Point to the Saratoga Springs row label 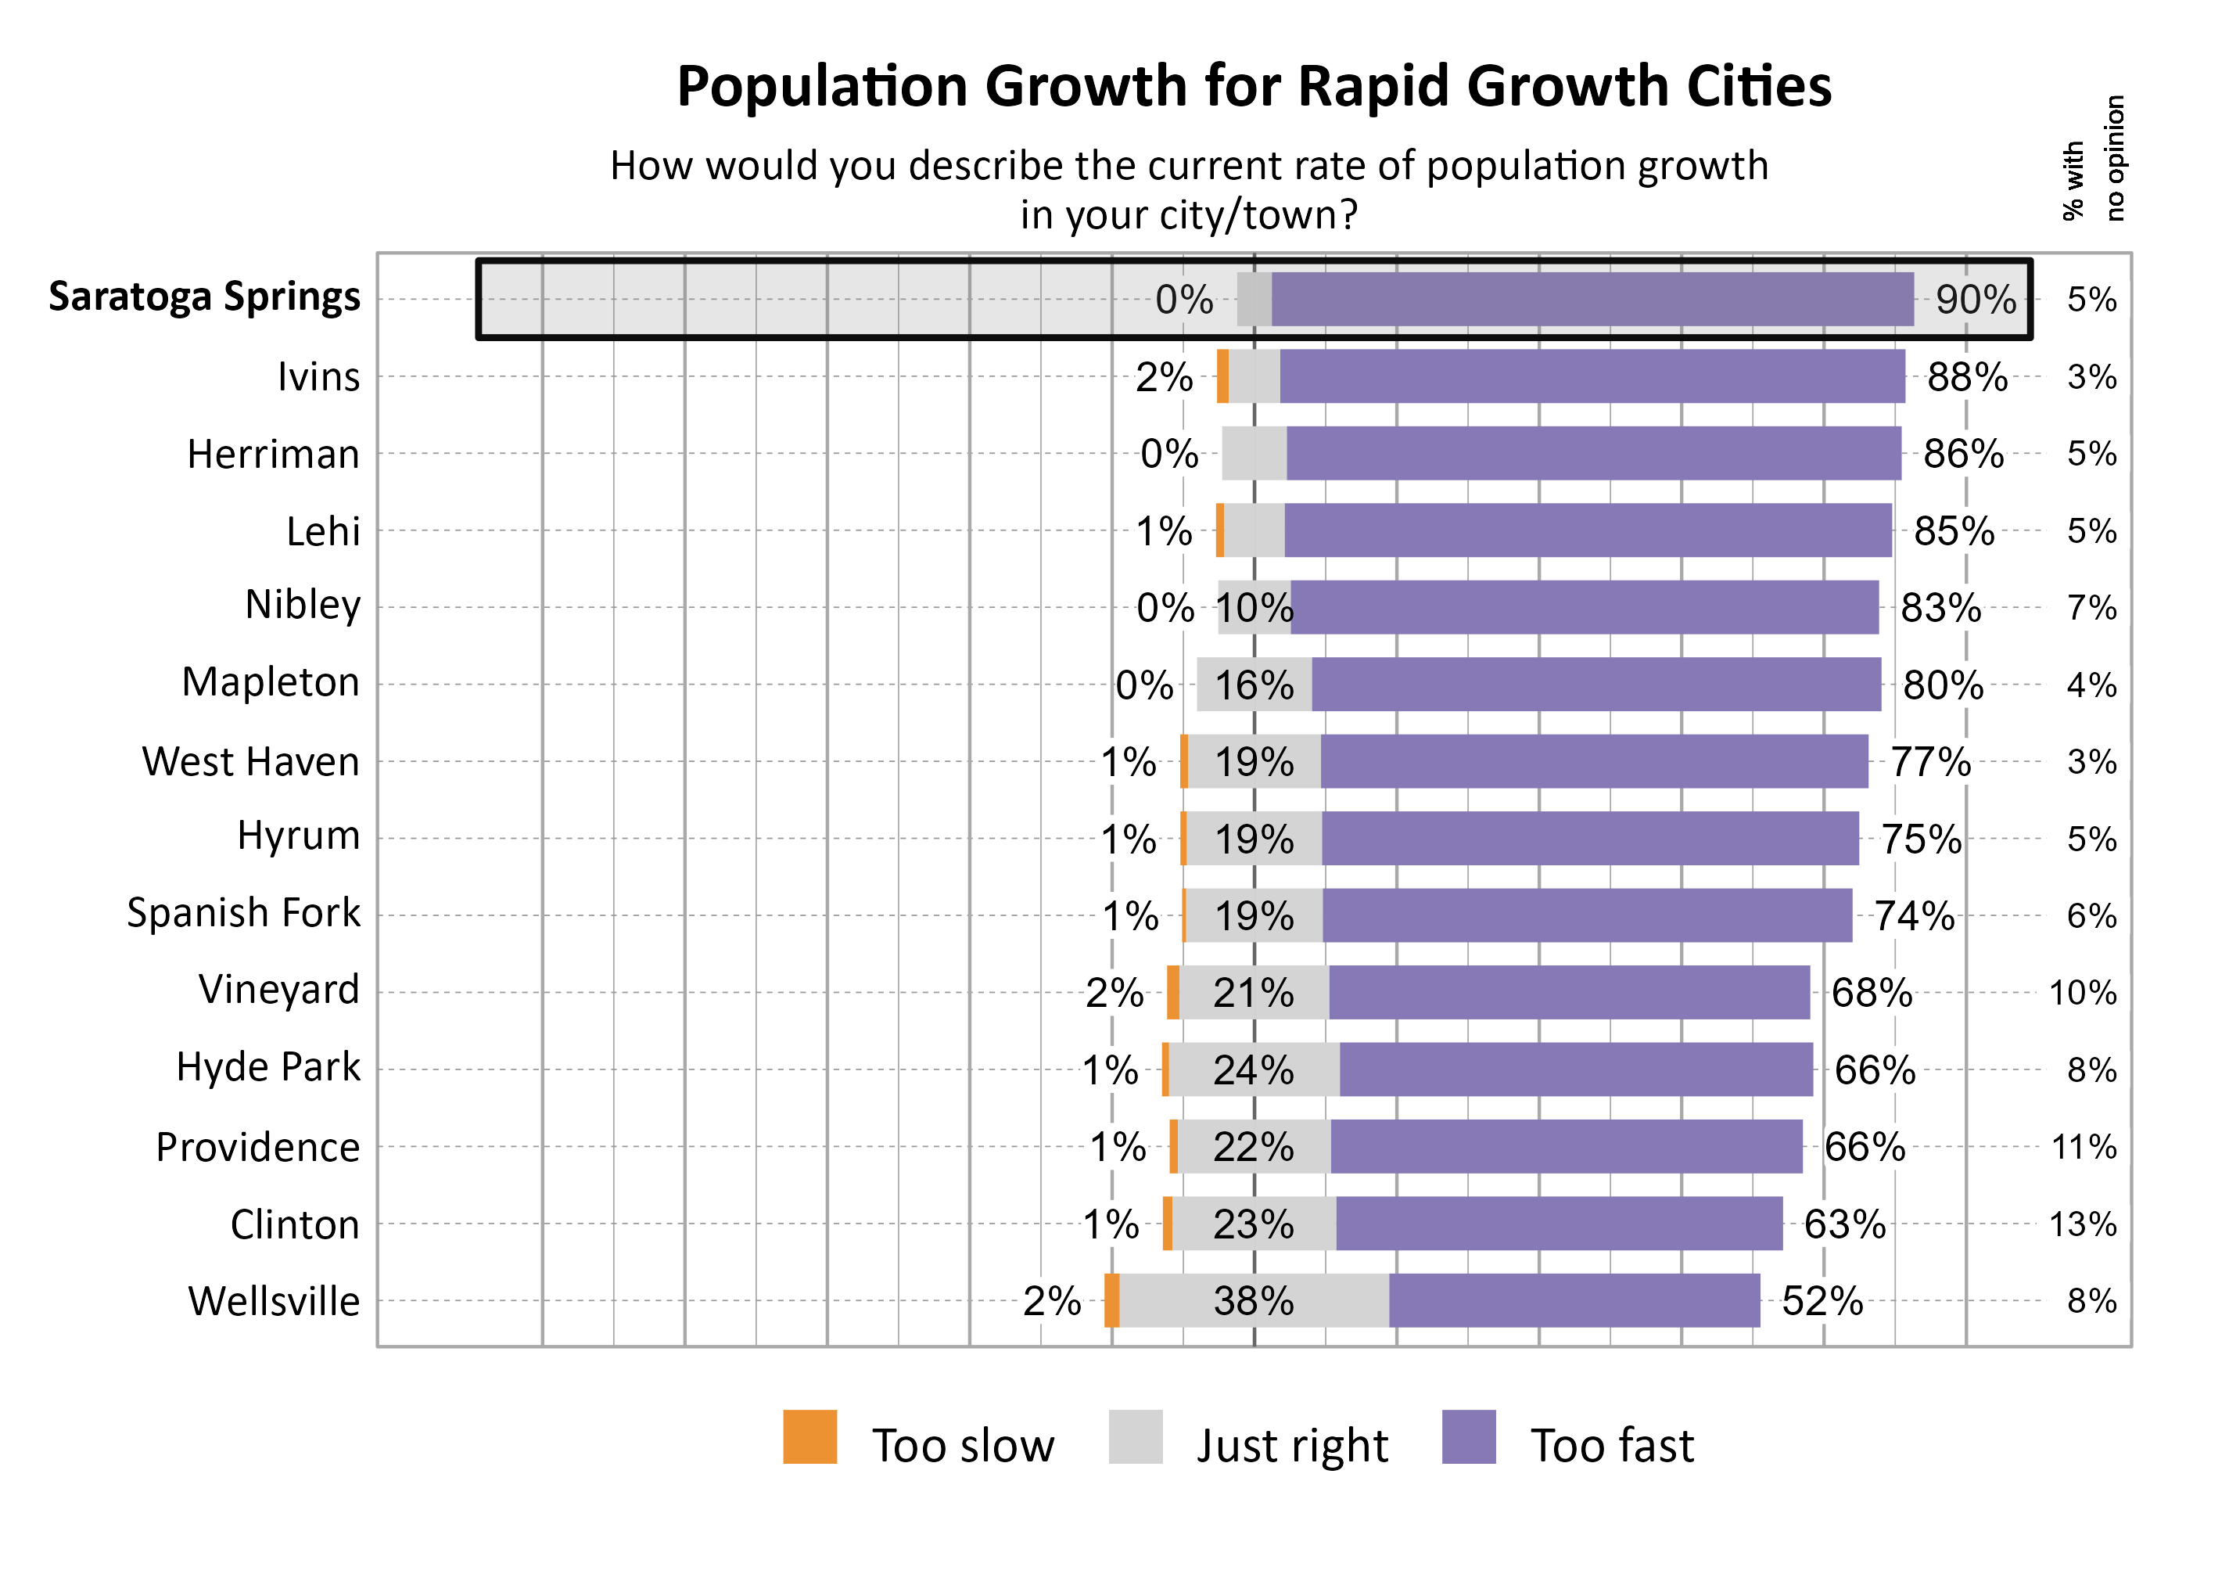click(x=204, y=296)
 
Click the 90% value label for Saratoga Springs click(x=1975, y=299)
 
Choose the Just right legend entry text click(x=1290, y=1445)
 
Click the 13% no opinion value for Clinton click(x=2082, y=1224)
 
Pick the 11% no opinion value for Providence click(x=2083, y=1146)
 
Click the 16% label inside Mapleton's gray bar click(x=1254, y=685)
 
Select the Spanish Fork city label click(x=244, y=912)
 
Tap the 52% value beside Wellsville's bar click(x=1822, y=1300)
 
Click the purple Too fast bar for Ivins click(x=1592, y=376)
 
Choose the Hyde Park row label click(x=267, y=1066)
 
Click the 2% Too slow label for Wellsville click(x=1051, y=1300)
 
